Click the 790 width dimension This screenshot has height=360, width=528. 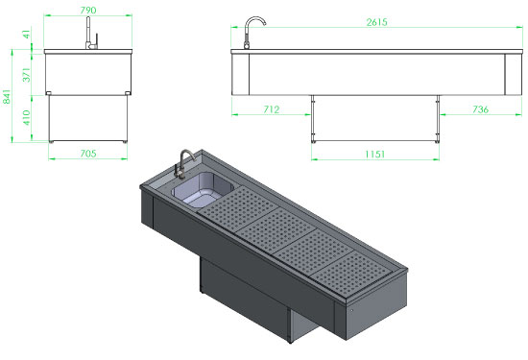coord(88,11)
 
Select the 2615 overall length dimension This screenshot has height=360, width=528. coord(377,22)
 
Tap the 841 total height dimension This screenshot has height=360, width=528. coord(7,97)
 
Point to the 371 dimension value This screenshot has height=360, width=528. coord(27,75)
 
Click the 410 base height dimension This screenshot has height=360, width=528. coord(27,117)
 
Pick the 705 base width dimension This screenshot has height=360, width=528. coord(88,154)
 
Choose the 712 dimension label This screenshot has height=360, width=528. coord(272,109)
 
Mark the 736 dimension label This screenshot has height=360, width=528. coord(480,109)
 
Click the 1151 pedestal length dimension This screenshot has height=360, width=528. coord(374,155)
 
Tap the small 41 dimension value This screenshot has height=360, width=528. coord(27,34)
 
